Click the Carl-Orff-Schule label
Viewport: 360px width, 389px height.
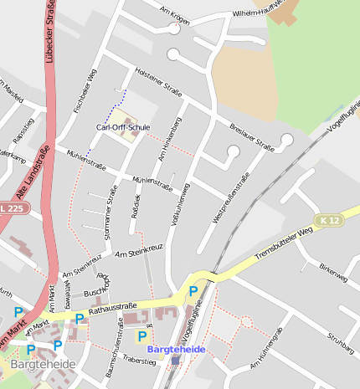pyautogui.click(x=123, y=127)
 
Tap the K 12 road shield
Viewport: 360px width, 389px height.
pyautogui.click(x=328, y=219)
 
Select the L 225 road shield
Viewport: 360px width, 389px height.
pyautogui.click(x=13, y=207)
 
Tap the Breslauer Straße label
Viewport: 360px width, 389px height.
pyautogui.click(x=252, y=136)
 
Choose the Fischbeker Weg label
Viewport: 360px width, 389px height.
pyautogui.click(x=85, y=90)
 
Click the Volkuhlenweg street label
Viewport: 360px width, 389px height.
pyautogui.click(x=181, y=200)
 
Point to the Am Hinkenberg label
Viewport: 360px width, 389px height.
pyautogui.click(x=169, y=140)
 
